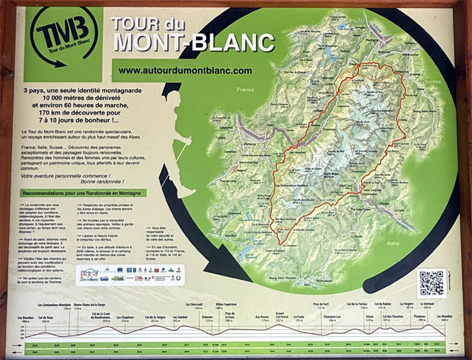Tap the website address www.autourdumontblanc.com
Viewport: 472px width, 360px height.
[x=185, y=70]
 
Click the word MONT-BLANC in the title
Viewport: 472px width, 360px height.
[x=194, y=42]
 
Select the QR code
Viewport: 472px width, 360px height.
[x=432, y=282]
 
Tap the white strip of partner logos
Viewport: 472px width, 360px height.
[x=130, y=274]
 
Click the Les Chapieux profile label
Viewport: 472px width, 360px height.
[x=125, y=317]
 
